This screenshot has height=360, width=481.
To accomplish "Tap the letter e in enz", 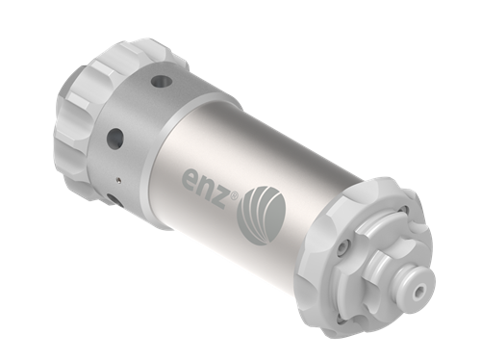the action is pos(190,179).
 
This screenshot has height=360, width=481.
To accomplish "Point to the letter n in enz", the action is pos(207,187).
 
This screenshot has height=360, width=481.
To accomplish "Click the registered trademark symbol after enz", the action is pos(235,195).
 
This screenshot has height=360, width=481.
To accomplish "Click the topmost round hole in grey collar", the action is pos(161,82).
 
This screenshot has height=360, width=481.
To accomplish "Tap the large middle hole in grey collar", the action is pos(115,138).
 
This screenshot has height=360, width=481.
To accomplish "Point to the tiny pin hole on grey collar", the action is pos(119,180).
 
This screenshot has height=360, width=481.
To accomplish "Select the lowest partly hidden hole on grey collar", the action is pos(113,199).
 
